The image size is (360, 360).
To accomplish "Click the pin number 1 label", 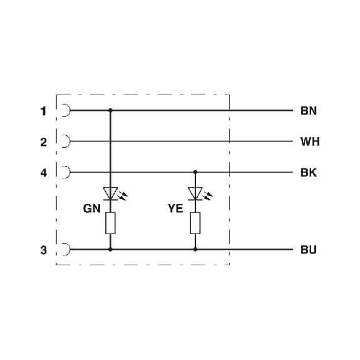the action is tap(43, 111).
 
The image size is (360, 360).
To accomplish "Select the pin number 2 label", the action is tap(43, 142).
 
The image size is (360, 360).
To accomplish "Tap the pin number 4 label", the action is tap(43, 173).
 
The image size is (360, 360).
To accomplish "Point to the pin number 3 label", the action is tap(43, 250).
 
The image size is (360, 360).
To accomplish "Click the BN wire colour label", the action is tap(309, 111).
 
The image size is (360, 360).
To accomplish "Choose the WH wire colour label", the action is tap(310, 141).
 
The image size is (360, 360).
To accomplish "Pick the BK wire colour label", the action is tap(309, 172).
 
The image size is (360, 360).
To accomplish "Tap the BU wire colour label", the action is tap(309, 250).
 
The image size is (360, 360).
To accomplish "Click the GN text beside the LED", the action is tap(92, 208).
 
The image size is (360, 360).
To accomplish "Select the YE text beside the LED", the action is tap(175, 208).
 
